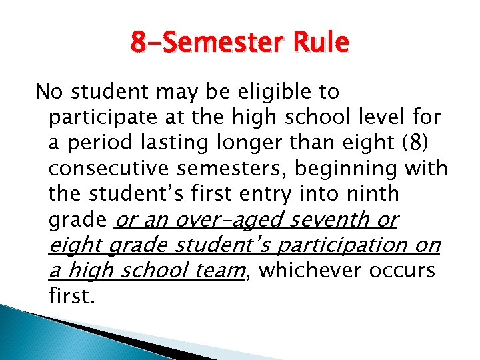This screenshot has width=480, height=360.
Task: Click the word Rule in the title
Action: pyautogui.click(x=322, y=42)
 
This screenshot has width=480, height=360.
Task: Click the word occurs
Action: pyautogui.click(x=407, y=270)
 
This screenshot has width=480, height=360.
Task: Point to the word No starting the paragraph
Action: pyautogui.click(x=47, y=91)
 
